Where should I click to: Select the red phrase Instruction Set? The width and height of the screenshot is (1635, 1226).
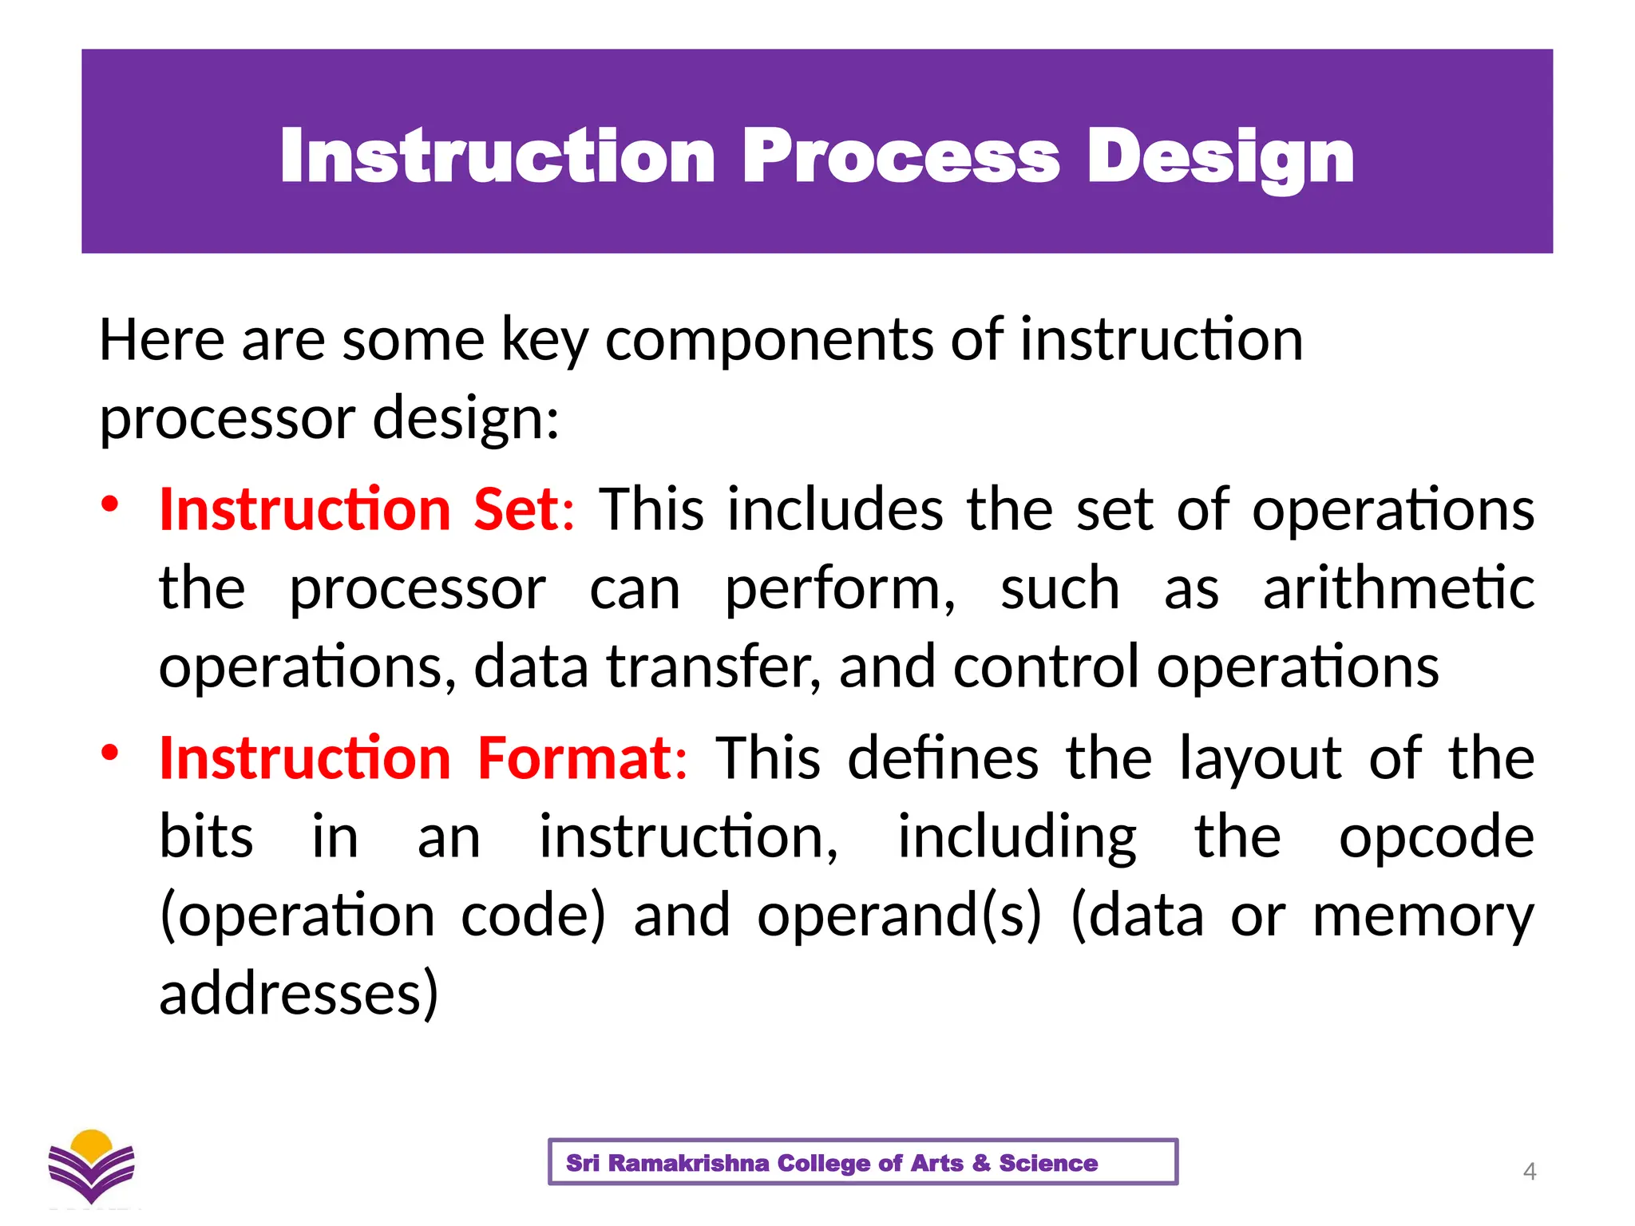(359, 509)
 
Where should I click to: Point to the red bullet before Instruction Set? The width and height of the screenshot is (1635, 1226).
(110, 504)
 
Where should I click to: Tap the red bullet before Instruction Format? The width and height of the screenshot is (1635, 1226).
(110, 753)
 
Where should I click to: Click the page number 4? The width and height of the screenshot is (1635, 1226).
(1529, 1171)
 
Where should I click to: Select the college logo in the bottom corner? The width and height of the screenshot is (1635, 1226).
(92, 1167)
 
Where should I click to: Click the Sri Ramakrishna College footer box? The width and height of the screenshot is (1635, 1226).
(862, 1162)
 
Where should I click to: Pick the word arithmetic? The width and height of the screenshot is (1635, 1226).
(1398, 589)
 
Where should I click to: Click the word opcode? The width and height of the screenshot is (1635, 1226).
(1436, 838)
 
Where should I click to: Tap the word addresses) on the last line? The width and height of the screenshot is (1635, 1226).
(299, 994)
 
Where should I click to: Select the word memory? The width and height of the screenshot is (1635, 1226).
(1423, 916)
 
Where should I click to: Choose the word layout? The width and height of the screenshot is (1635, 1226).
(1261, 758)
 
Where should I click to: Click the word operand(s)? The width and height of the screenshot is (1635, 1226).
(899, 916)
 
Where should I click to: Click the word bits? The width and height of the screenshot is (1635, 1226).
(206, 838)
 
